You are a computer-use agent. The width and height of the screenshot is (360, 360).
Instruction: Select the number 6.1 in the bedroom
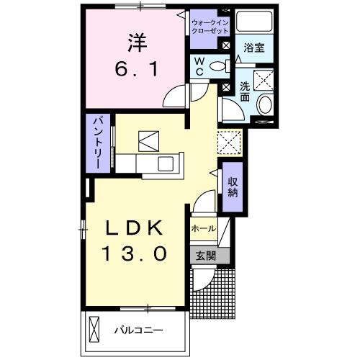136,70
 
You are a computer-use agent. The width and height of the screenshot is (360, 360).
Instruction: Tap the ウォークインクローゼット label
210,27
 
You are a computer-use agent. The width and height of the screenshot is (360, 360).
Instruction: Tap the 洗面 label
245,91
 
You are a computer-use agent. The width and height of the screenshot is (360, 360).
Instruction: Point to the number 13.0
136,253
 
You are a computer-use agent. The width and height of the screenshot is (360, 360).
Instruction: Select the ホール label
203,229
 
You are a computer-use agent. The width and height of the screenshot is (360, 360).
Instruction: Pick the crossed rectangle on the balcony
94,330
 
